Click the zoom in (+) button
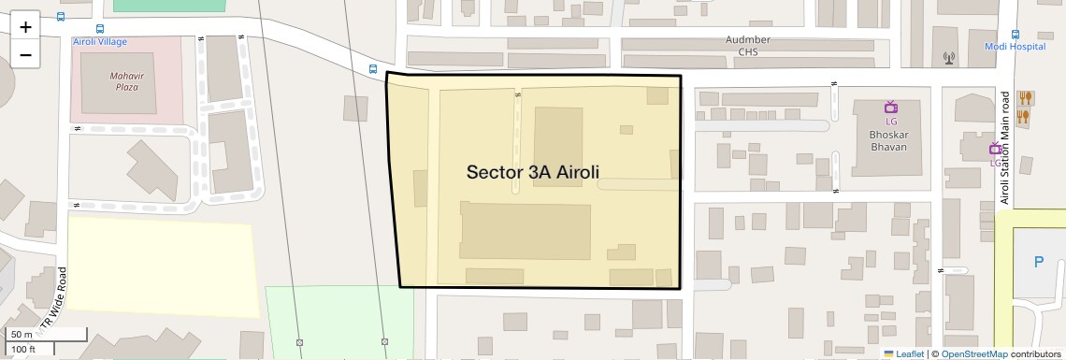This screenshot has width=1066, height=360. (25, 27)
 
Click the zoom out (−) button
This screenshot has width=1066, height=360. (25, 54)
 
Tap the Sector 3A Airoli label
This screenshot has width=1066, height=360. (532, 172)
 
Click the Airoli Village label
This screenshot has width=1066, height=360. (100, 42)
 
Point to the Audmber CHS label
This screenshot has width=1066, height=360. (748, 46)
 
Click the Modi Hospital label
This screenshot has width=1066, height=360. (1014, 46)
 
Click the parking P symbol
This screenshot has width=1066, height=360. (1039, 263)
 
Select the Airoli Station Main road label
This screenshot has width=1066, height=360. (1005, 148)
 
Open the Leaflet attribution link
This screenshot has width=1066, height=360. (909, 353)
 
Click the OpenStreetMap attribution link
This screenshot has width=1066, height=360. (973, 353)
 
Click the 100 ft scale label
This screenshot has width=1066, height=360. (23, 349)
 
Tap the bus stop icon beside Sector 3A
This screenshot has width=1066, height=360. (373, 69)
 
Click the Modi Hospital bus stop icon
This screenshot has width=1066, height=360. (1015, 31)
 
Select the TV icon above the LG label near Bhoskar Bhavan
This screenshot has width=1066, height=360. (890, 107)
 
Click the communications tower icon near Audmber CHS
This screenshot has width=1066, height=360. (949, 59)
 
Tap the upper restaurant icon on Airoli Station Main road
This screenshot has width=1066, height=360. (1026, 96)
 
